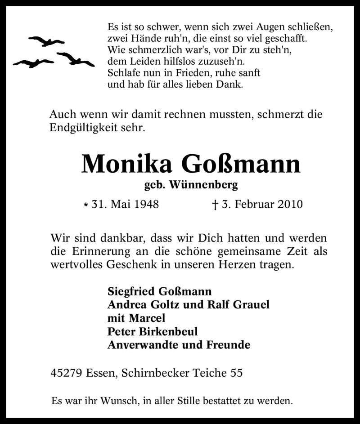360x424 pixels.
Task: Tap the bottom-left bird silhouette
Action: [x=33, y=62]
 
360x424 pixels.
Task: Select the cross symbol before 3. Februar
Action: [x=215, y=205]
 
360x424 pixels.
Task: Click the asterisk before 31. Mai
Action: [x=85, y=205]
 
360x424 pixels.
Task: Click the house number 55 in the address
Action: [x=237, y=373]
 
